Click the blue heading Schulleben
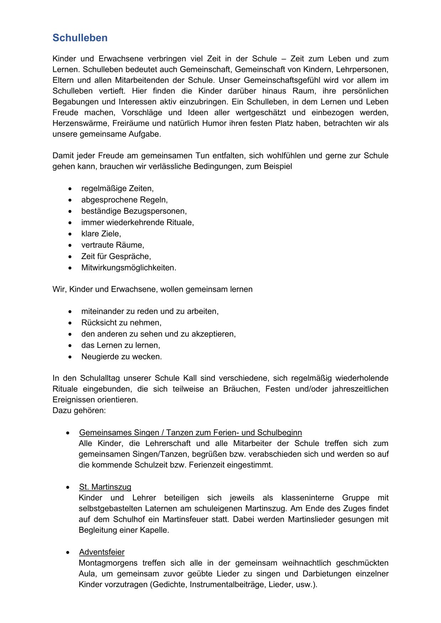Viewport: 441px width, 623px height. (80, 38)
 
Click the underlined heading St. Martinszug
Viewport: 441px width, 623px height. (105, 487)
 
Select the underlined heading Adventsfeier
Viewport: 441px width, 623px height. (102, 552)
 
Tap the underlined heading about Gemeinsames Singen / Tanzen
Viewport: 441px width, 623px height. (190, 433)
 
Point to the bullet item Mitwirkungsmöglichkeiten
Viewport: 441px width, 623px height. (128, 268)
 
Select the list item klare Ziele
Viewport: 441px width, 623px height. (101, 233)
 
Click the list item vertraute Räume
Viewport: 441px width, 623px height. (112, 245)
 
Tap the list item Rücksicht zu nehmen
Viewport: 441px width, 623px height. (121, 322)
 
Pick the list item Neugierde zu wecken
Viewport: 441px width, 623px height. (121, 356)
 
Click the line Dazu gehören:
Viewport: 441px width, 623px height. (79, 410)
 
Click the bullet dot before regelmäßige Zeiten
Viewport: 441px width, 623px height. (70, 189)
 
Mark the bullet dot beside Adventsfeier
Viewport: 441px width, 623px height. (68, 552)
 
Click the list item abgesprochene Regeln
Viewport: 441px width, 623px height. (124, 200)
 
